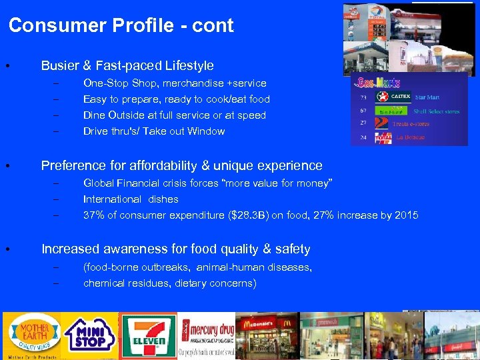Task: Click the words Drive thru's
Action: click(x=108, y=131)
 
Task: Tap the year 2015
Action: click(x=405, y=215)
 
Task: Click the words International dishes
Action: click(x=131, y=199)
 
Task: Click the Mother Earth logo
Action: click(x=32, y=335)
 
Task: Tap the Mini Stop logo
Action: click(x=90, y=335)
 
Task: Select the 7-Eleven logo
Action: click(x=148, y=335)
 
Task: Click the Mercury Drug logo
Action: click(x=207, y=335)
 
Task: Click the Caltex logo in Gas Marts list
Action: click(x=384, y=97)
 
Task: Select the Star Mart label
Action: click(x=427, y=97)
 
